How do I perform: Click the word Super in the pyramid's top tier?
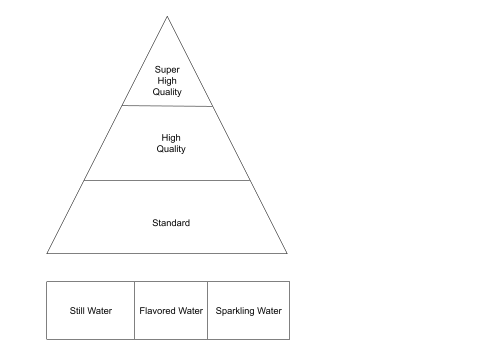point(167,70)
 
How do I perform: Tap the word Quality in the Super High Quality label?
point(167,92)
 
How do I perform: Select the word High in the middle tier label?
point(171,138)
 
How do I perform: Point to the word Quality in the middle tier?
point(171,149)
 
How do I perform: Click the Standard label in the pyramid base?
point(171,223)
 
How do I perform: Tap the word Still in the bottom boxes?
point(79,311)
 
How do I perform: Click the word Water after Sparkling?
point(270,311)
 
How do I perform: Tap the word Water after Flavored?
point(190,311)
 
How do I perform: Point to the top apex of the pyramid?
point(167,17)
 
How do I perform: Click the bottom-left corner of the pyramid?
point(48,253)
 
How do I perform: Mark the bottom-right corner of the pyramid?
point(286,253)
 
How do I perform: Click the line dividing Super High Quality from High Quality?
point(167,106)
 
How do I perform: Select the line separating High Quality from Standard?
point(167,180)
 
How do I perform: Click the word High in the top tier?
point(167,81)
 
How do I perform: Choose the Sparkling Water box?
point(248,325)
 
